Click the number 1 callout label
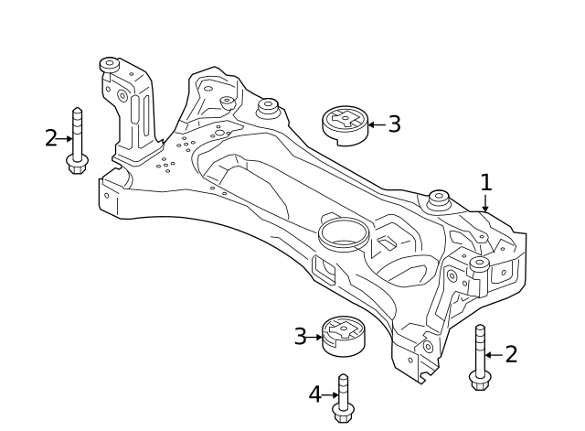coord(486,182)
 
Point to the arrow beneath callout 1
coord(486,204)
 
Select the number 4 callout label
coord(314,395)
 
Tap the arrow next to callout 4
coord(331,395)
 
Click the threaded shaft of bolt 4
coord(343,391)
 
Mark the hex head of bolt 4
coord(343,415)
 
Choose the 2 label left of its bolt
coord(51,138)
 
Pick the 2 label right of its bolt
coord(511,354)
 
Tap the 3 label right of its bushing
coord(394,124)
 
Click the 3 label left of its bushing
coord(300,337)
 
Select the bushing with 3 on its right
coord(345,124)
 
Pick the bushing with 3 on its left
coord(343,337)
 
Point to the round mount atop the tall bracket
coord(110,65)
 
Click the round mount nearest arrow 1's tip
coord(440,198)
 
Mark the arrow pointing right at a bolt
coord(63,139)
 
